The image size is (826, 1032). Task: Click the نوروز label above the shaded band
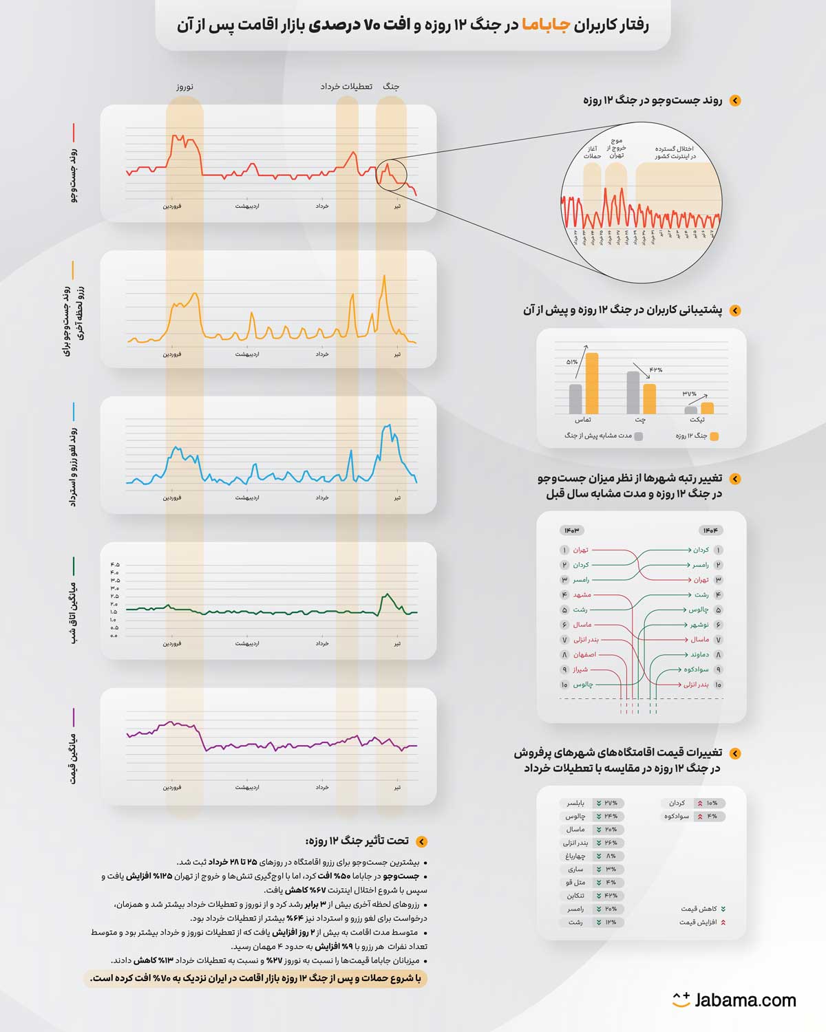click(184, 87)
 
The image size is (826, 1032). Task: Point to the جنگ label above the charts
click(391, 87)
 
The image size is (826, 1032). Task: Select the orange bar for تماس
click(592, 383)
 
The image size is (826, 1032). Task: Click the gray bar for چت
click(633, 392)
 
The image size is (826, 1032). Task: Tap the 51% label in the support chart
click(572, 362)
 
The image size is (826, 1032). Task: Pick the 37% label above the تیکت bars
click(690, 394)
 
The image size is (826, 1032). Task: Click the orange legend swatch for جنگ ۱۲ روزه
click(714, 436)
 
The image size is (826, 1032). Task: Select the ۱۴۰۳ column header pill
click(572, 530)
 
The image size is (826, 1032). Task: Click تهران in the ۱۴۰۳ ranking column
click(581, 550)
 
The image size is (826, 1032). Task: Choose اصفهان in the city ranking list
click(584, 655)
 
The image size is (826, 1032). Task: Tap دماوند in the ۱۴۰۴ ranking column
click(699, 655)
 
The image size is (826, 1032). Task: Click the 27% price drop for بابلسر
click(609, 803)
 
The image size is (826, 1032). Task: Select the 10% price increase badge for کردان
click(707, 803)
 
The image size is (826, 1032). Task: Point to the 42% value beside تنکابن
click(609, 896)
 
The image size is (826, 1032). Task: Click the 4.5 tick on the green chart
click(115, 565)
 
